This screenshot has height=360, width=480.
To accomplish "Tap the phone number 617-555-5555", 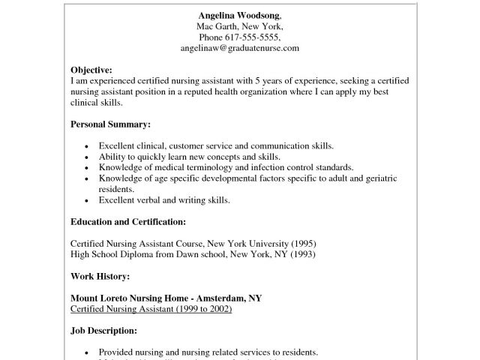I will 255,37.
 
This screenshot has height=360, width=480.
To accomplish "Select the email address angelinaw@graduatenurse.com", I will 239,47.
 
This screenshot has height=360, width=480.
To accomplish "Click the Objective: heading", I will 91,69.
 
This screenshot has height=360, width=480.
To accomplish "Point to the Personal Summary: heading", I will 110,123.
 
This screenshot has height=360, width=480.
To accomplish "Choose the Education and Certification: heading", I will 127,222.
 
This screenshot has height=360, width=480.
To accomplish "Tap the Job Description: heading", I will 104,331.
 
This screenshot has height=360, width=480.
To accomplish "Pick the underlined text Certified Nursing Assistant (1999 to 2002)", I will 151,309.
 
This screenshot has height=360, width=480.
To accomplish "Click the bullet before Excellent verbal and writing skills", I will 88,201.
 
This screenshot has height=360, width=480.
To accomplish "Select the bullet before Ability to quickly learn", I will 88,157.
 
